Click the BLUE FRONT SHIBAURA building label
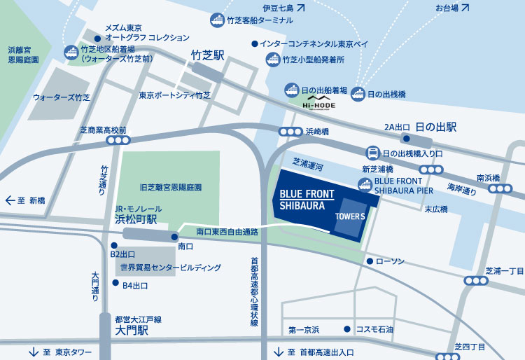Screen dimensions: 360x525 [307, 199]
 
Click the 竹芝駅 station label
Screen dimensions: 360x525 [207, 55]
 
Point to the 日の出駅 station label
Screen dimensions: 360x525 [435, 127]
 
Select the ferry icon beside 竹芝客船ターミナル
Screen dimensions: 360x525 [218, 20]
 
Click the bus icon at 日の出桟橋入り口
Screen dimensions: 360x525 [374, 153]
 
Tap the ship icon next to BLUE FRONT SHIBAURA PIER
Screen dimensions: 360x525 [364, 184]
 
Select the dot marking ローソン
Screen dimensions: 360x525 [369, 261]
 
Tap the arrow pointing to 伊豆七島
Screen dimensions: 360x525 [300, 8]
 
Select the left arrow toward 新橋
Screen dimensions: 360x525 [10, 200]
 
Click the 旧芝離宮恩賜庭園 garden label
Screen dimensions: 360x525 [171, 188]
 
